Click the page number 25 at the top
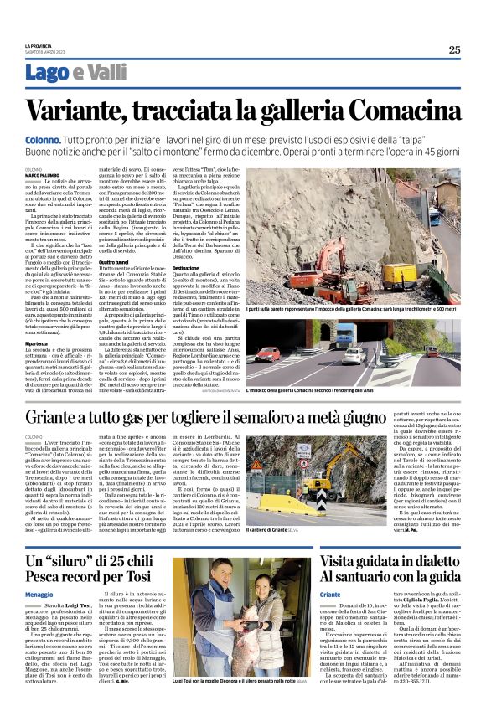[453, 49]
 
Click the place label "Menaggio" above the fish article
[39, 593]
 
